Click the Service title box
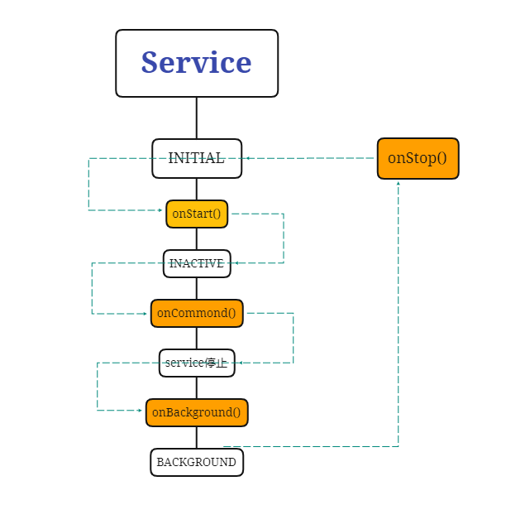tap(197, 63)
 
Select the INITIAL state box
tap(197, 158)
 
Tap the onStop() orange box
tap(418, 158)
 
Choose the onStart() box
tap(197, 214)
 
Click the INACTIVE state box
tap(197, 263)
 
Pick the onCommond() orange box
tap(197, 313)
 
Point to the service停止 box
tap(197, 363)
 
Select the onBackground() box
tap(197, 412)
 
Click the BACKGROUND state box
tap(197, 462)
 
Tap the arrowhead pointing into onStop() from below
tap(399, 183)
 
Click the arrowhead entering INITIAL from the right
tap(246, 157)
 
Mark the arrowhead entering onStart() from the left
tap(162, 210)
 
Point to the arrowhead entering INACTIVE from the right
tap(236, 263)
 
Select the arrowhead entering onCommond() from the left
tap(146, 314)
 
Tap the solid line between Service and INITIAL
tap(197, 118)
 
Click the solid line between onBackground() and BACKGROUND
tap(197, 437)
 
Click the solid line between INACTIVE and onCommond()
tap(197, 288)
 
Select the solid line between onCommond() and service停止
tap(197, 338)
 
